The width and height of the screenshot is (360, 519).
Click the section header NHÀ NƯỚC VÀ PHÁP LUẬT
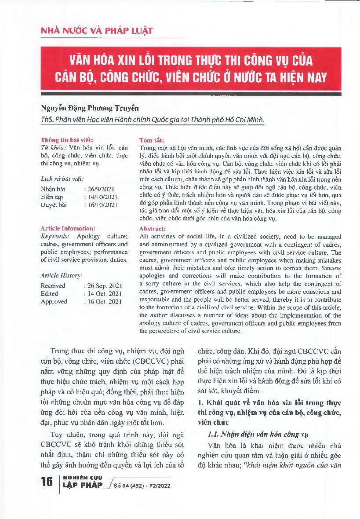pyautogui.click(x=97, y=31)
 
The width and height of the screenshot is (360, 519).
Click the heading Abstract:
pyautogui.click(x=153, y=229)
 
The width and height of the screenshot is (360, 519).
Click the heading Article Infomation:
pyautogui.click(x=68, y=228)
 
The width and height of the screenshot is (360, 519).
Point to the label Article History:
pyautogui.click(x=61, y=275)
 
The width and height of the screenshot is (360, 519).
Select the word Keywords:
pyautogui.click(x=53, y=236)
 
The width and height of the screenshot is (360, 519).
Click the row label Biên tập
pyautogui.click(x=51, y=197)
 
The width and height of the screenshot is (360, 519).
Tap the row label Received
pyautogui.click(x=53, y=285)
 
